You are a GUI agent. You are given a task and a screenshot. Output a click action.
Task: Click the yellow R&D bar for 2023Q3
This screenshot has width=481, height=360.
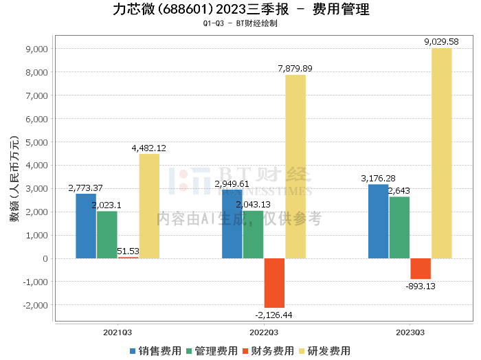tap(441, 153)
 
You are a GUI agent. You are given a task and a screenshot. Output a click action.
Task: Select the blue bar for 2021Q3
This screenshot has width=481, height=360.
tap(86, 226)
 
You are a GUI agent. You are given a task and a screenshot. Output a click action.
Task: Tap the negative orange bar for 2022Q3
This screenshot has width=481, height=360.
tap(274, 283)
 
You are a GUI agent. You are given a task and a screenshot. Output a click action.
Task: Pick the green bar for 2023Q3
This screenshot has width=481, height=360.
tap(399, 227)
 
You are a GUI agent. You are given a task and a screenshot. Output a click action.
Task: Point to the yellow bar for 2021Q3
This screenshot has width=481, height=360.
tap(149, 206)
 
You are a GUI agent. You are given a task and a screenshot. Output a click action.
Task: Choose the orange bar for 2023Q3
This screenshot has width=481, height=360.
tap(421, 269)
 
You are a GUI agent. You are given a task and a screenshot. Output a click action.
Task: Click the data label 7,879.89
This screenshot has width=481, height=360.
tap(295, 68)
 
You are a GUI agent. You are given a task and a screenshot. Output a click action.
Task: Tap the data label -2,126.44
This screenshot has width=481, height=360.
tap(273, 315)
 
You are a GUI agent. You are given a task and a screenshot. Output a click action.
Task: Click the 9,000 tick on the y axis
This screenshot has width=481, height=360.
tap(35, 49)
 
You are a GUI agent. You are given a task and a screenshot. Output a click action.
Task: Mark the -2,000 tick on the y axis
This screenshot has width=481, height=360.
tap(34, 305)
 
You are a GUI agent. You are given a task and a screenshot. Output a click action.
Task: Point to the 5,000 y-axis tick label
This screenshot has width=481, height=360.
tap(35, 142)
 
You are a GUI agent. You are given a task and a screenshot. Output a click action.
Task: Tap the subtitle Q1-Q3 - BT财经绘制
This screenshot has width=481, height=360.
tap(240, 23)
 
